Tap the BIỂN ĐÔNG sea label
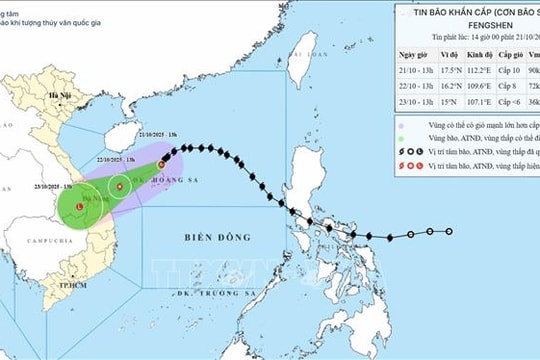(216, 238)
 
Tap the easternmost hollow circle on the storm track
(450, 232)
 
